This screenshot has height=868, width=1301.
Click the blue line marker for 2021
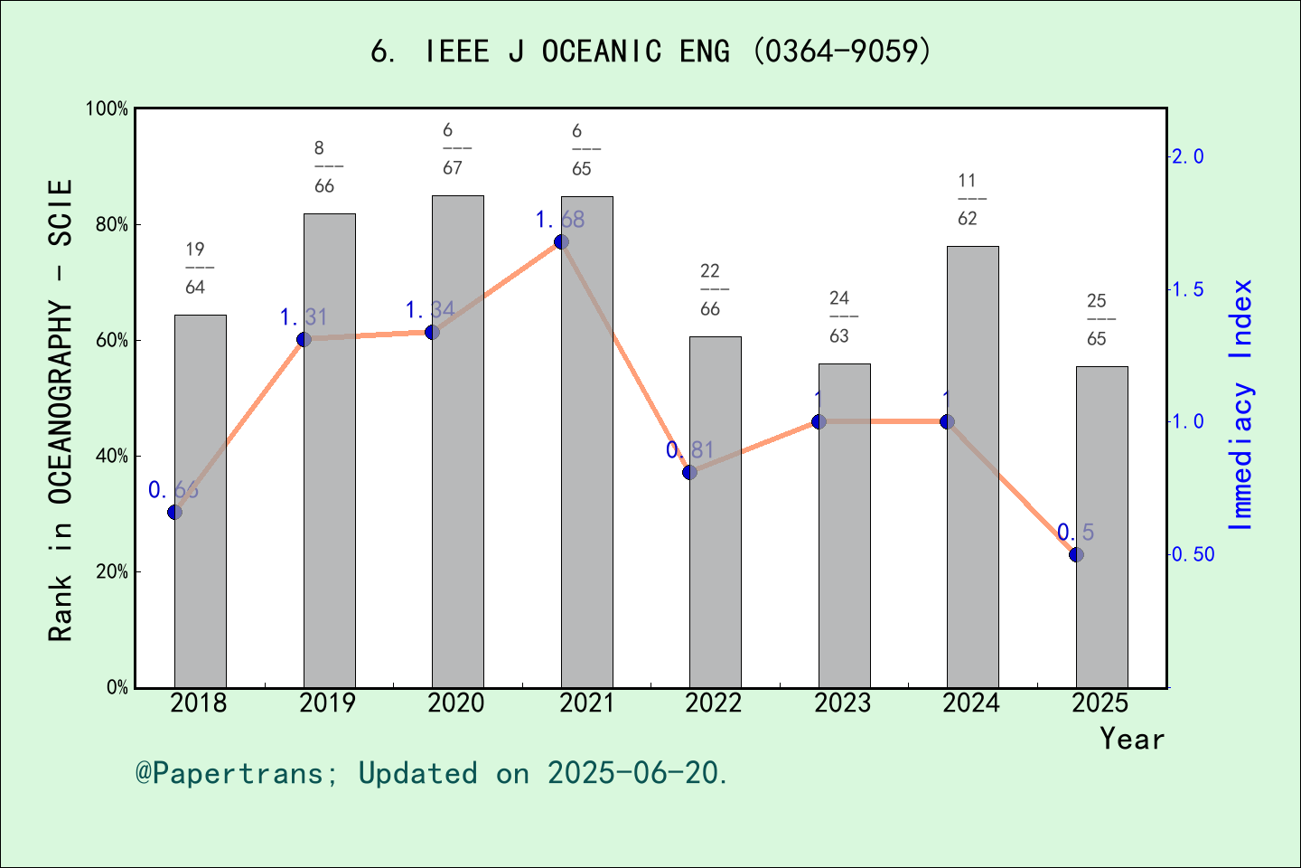tap(561, 241)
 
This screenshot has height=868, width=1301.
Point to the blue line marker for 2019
tap(304, 339)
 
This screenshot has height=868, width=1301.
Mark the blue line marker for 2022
tap(689, 472)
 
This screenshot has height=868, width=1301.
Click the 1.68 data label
tap(560, 220)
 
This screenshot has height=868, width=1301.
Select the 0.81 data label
tap(690, 450)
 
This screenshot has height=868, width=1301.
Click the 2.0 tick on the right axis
tap(1189, 156)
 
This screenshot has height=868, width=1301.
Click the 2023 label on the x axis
tap(842, 703)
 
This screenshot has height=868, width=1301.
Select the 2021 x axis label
tap(585, 703)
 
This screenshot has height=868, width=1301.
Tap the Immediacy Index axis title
tap(1242, 405)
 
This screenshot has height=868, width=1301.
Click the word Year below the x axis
tap(1132, 739)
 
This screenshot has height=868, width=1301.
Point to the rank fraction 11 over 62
tap(968, 200)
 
